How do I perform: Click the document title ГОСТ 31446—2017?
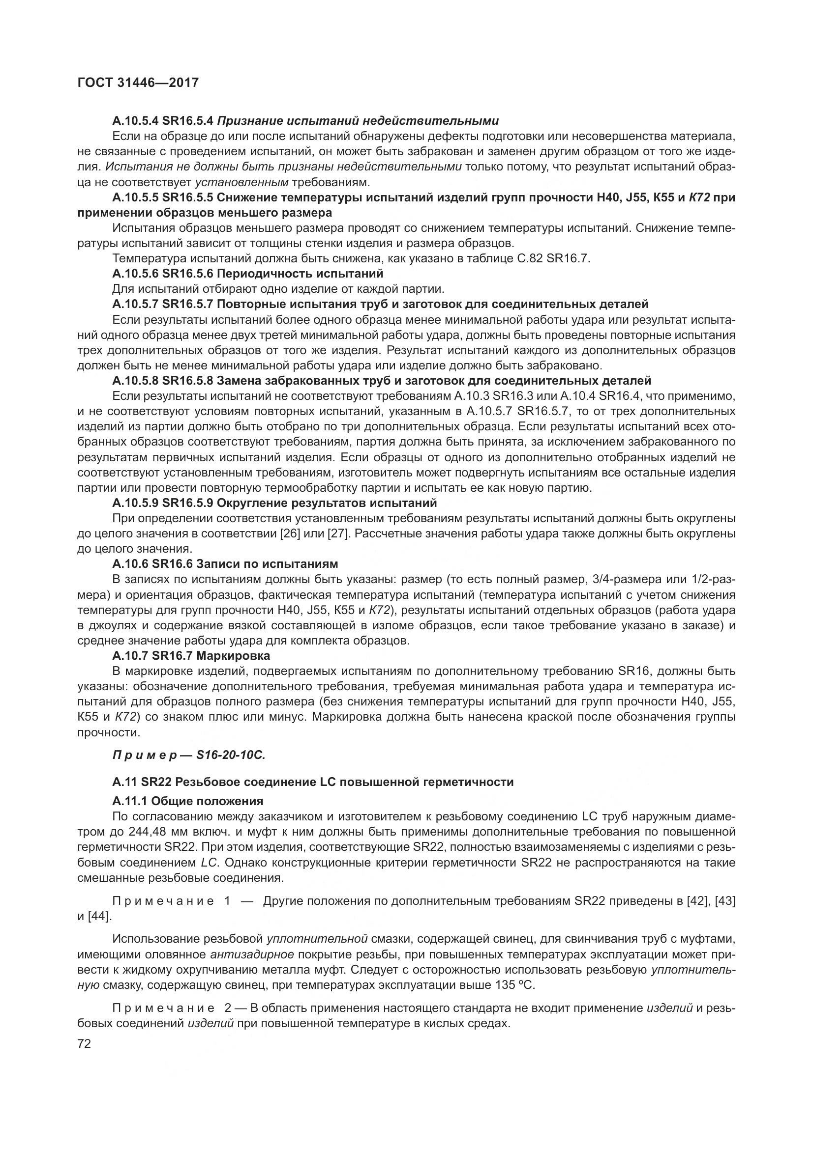tap(138, 82)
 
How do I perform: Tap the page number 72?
tap(84, 1044)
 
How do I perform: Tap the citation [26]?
tap(289, 533)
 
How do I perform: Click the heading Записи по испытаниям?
tap(267, 564)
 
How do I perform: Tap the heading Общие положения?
tap(207, 801)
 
